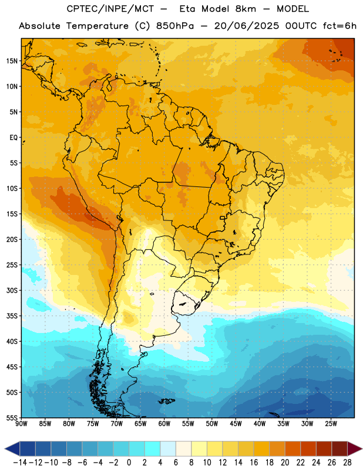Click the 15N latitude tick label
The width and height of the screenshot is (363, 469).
tap(12, 61)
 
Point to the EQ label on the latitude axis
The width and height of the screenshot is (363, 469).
tap(14, 138)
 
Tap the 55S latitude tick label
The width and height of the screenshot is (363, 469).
tap(12, 417)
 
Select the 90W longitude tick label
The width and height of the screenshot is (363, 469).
tap(21, 424)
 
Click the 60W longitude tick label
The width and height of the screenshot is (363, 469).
tap(164, 424)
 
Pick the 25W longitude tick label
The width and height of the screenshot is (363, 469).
tap(331, 424)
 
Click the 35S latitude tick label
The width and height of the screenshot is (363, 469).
tap(12, 316)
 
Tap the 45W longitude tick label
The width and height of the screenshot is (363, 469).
tap(236, 424)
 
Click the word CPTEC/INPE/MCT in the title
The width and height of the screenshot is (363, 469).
tap(110, 9)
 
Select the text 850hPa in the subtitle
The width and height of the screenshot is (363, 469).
tap(175, 26)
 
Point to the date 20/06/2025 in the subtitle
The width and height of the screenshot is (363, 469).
tap(246, 26)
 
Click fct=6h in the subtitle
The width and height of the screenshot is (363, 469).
tap(340, 26)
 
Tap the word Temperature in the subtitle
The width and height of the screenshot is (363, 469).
tap(98, 26)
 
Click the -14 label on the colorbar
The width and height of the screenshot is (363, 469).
tap(20, 463)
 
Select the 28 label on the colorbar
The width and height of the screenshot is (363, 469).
tap(347, 463)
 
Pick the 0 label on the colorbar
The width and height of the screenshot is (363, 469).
tap(129, 463)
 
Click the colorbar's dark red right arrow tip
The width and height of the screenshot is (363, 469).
tap(362, 449)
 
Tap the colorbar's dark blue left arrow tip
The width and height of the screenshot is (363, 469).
tap(5, 449)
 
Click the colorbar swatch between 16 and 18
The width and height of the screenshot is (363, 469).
tap(261, 449)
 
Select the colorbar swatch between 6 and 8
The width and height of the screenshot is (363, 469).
tap(183, 449)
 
